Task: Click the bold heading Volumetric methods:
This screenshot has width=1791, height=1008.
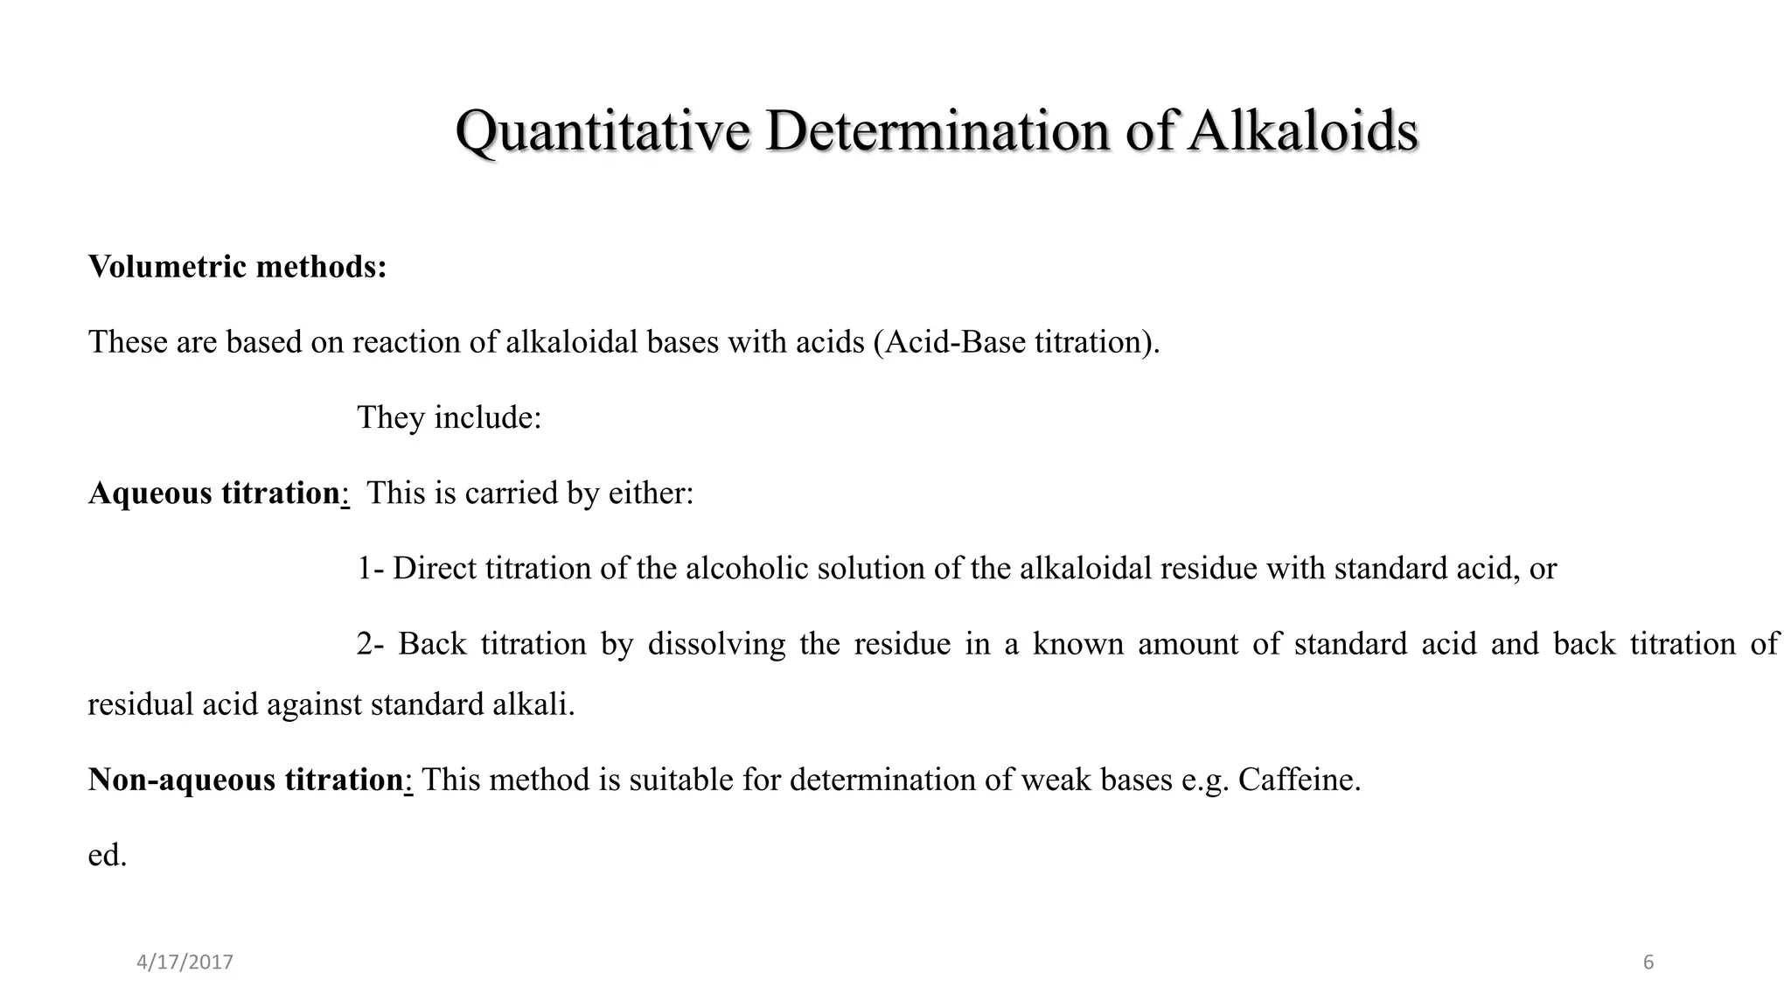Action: coord(237,266)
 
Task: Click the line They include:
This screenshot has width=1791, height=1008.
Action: coord(449,417)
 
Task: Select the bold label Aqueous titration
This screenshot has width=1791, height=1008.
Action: coord(214,493)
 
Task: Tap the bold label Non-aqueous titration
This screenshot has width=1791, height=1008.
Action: coord(246,780)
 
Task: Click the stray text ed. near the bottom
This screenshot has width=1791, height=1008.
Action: coord(108,855)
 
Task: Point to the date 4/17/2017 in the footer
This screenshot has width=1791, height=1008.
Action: coord(185,962)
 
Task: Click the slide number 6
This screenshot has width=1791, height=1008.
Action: coord(1648,962)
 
